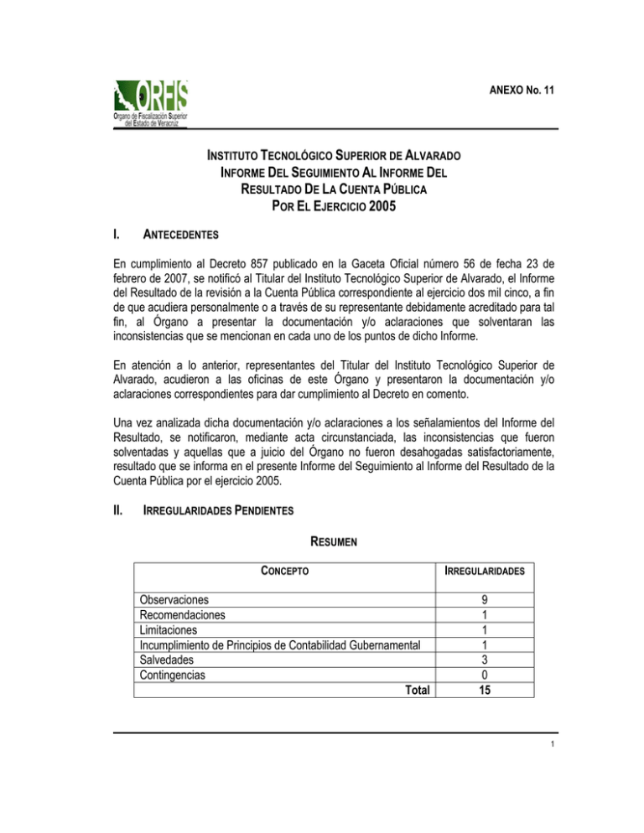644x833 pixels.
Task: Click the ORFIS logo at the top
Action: (x=152, y=101)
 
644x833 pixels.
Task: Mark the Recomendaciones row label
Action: (x=183, y=615)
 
